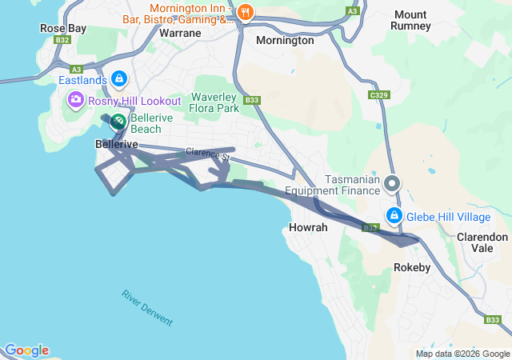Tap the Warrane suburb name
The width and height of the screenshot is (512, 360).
pyautogui.click(x=179, y=34)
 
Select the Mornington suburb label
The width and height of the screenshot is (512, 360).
pyautogui.click(x=285, y=40)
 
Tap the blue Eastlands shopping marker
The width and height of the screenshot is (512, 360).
pyautogui.click(x=119, y=78)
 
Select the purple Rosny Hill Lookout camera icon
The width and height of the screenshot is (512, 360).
pyautogui.click(x=76, y=100)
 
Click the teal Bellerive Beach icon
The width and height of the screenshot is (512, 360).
pyautogui.click(x=117, y=122)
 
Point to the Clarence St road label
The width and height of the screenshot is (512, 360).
pyautogui.click(x=207, y=153)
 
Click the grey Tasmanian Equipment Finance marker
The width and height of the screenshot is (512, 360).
pyautogui.click(x=392, y=184)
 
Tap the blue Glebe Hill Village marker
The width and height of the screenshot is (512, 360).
pyautogui.click(x=394, y=215)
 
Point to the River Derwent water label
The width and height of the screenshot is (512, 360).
pyautogui.click(x=147, y=307)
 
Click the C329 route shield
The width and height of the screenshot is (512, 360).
pyautogui.click(x=379, y=94)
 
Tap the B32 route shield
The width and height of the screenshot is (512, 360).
pyautogui.click(x=63, y=38)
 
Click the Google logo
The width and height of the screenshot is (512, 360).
pyautogui.click(x=26, y=350)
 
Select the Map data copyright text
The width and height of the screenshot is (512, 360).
pyautogui.click(x=462, y=354)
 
